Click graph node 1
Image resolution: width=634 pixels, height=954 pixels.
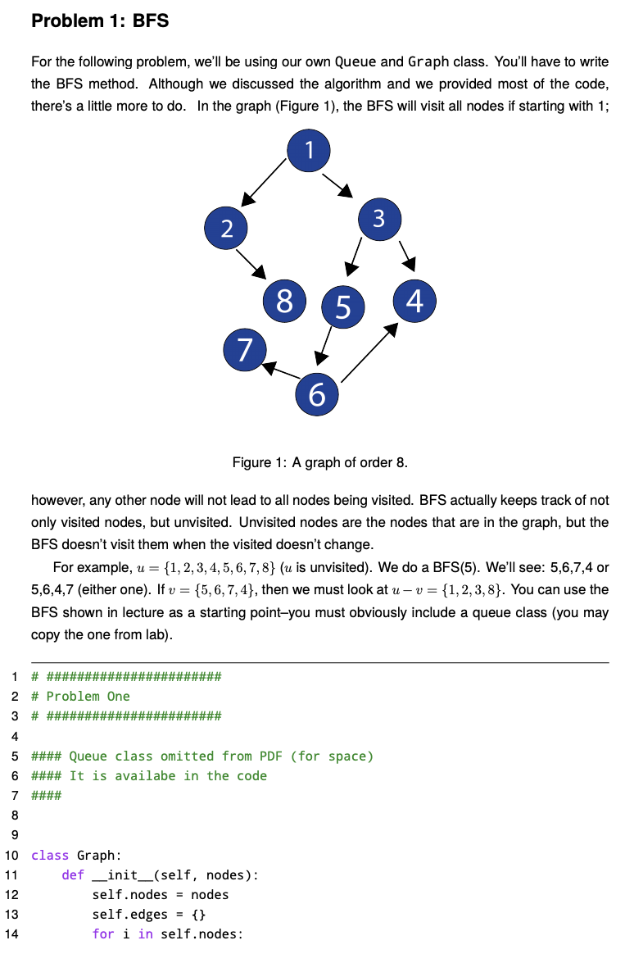309,150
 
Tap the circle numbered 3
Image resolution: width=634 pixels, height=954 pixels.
378,219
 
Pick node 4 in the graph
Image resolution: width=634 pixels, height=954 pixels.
414,301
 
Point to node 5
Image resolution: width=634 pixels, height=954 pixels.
342,306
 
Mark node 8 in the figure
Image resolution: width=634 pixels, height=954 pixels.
283,301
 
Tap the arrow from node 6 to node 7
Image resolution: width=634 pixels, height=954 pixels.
281,370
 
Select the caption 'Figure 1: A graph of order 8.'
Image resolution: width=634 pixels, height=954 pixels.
320,463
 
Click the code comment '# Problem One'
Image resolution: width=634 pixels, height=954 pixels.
80,696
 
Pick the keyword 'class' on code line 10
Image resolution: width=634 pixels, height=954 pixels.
50,855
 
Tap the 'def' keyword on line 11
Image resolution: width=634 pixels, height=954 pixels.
73,874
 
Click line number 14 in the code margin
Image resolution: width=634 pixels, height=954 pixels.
12,934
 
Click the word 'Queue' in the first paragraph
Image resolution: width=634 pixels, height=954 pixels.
355,62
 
